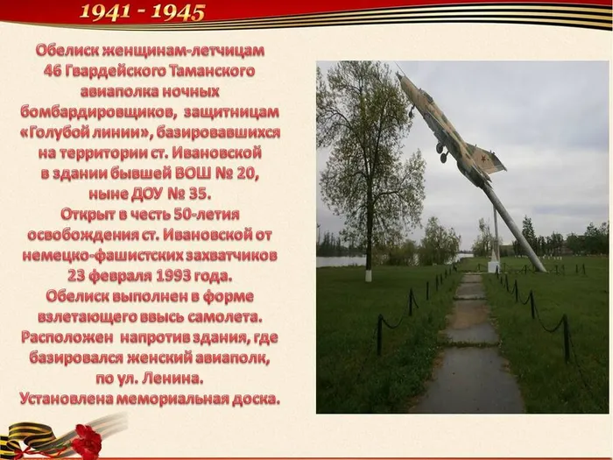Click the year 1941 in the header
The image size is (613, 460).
[107, 12]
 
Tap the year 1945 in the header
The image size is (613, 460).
[178, 12]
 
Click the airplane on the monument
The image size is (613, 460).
[447, 127]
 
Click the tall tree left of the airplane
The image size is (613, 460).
[368, 158]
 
